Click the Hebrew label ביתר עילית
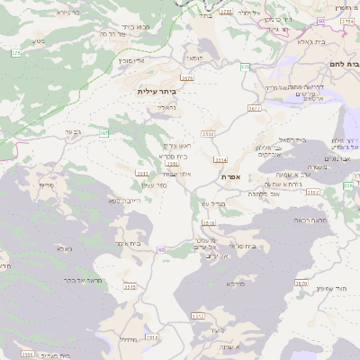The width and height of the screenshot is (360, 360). pos(155,92)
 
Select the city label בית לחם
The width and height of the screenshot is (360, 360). pos(345,66)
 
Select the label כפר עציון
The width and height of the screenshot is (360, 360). pos(155,185)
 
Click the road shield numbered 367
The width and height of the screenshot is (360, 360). pos(103,132)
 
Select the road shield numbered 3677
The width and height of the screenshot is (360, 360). pos(255,107)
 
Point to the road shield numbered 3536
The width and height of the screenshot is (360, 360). pos(209,133)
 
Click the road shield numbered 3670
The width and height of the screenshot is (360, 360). pos(301,283)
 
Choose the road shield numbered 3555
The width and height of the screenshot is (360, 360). pos(27,354)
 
